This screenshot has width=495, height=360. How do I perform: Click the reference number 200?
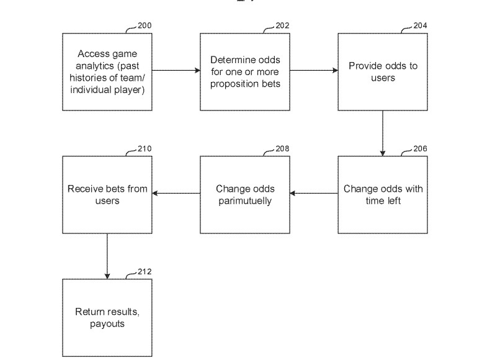pos(145,25)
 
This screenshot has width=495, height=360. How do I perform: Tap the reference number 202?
pos(282,25)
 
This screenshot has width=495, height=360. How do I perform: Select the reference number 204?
pos(420,25)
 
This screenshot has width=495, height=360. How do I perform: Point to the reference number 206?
pos(420,149)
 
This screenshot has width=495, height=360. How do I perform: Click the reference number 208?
pos(282,149)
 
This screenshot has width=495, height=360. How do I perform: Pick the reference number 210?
pos(145,149)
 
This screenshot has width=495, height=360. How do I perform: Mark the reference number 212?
pos(145,272)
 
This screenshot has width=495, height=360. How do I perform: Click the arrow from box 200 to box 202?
pos(176,70)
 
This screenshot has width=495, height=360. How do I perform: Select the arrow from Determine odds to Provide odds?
pos(314,70)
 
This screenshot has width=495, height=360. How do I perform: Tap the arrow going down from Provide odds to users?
pos(383,133)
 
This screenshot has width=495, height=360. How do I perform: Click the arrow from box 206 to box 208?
pos(314,193)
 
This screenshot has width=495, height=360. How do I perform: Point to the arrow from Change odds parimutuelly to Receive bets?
pos(176,193)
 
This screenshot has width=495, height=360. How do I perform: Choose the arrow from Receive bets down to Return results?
pos(107,256)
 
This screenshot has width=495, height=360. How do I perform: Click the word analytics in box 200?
pos(94,66)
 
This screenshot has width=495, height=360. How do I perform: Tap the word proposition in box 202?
pos(231,84)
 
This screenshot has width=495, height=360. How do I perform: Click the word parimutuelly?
pos(245,201)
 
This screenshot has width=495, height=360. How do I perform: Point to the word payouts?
pos(107,325)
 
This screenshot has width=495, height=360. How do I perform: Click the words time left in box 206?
pos(383,200)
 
